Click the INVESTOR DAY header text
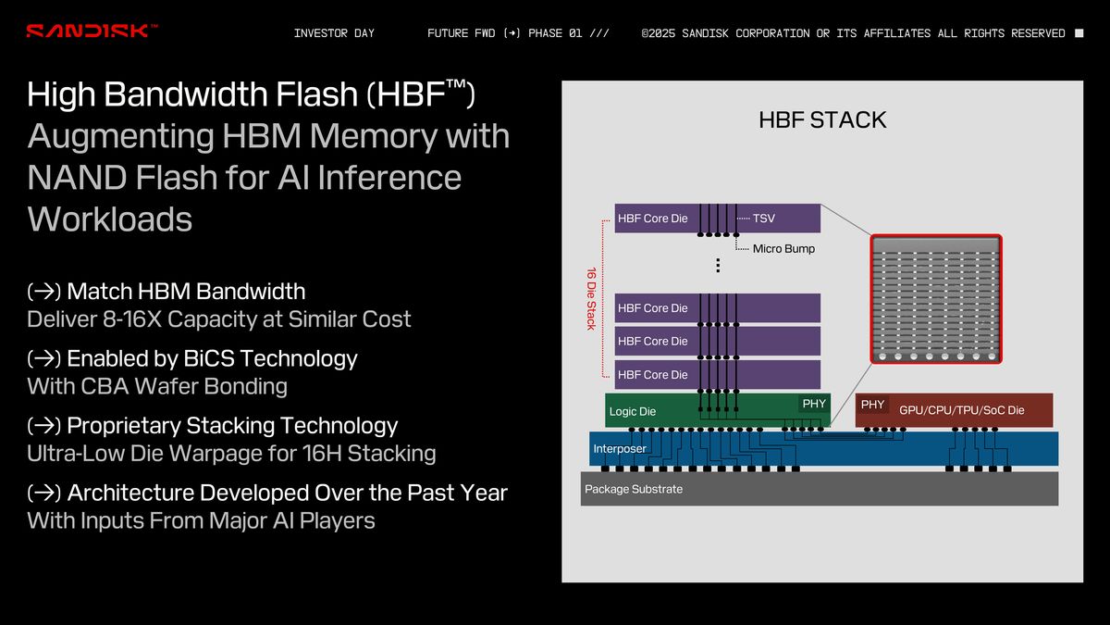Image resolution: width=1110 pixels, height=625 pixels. click(x=334, y=33)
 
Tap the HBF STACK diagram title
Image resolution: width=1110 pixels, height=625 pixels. click(x=821, y=119)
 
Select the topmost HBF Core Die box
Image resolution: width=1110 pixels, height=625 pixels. click(x=653, y=219)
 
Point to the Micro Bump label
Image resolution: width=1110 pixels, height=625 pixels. click(x=783, y=248)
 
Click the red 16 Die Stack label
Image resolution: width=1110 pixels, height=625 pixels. click(x=591, y=298)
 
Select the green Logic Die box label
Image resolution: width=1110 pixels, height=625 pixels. click(x=633, y=411)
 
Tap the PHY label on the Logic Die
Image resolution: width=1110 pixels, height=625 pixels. click(x=814, y=404)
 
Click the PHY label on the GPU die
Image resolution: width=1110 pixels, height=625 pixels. click(x=872, y=405)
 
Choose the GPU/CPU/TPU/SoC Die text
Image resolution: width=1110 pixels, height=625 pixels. click(x=961, y=410)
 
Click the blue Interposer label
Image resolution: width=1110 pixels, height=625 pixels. click(x=620, y=448)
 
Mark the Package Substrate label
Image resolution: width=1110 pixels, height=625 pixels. click(x=634, y=489)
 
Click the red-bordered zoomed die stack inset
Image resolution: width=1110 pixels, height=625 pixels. click(x=936, y=299)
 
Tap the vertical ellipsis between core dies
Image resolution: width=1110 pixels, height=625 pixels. click(x=718, y=266)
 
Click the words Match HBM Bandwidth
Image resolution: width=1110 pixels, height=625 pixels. click(x=186, y=291)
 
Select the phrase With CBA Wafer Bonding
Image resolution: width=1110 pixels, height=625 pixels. click(x=157, y=386)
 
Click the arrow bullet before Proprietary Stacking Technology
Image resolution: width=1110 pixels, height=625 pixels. click(x=43, y=426)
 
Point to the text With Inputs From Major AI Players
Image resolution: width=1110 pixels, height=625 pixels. click(x=201, y=520)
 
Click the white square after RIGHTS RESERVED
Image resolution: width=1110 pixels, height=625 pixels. click(x=1079, y=33)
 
